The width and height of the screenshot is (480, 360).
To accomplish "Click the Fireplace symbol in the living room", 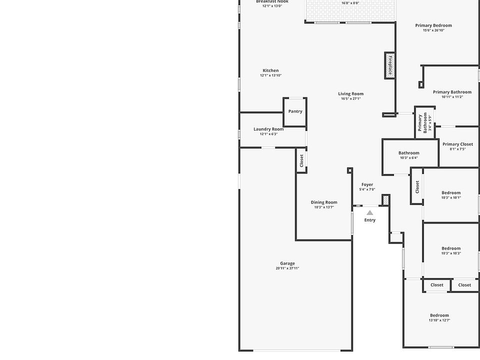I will pos(390,65).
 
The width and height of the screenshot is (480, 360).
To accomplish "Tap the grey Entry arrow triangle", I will pos(370,212).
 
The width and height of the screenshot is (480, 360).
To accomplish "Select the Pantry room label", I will pos(295,111).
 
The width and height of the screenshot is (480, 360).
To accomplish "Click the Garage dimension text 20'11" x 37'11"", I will pos(287,268).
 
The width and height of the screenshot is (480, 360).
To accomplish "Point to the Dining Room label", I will pos(324,202).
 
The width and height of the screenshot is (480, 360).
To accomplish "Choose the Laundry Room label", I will pos(268,129).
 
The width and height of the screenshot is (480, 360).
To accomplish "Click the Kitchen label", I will pos(270,70).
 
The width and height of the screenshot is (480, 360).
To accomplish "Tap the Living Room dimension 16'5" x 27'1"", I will pos(350,98).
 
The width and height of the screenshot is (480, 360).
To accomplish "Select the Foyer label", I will pos(367,184).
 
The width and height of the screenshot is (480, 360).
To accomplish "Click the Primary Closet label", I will pos(457,144).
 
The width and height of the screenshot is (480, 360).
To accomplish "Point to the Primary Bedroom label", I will pos(433,25).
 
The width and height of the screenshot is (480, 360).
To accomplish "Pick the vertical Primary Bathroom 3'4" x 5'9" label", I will pos(423,123).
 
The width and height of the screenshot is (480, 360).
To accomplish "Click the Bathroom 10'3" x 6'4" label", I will pos(408,153).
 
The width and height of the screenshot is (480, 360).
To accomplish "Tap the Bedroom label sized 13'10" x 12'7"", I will pos(439,315).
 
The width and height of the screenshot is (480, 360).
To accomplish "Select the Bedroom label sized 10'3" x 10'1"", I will pos(451,192).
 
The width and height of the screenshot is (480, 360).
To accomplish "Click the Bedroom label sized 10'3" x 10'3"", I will pos(451,248).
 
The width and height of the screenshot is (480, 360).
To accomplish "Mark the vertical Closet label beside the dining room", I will pos(301,160).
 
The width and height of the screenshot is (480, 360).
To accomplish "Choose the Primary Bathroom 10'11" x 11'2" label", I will pos(452,92).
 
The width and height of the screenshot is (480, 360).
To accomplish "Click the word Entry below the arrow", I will pos(370,220).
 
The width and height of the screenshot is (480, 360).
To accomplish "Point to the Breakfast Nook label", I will pos(272,2).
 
